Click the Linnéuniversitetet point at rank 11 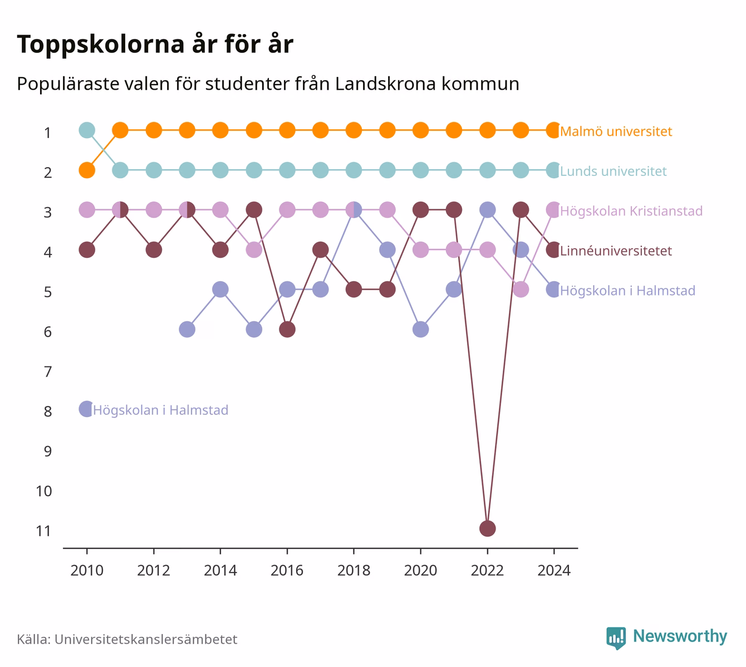(x=487, y=528)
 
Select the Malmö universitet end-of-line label (x=616, y=131)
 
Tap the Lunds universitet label (x=613, y=171)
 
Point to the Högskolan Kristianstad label (x=631, y=210)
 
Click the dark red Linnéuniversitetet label (x=616, y=251)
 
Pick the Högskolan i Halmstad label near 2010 (x=160, y=410)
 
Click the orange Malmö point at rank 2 (x=87, y=170)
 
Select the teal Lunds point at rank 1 (x=87, y=130)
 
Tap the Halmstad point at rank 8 (x=87, y=409)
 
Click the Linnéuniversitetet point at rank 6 (x=287, y=329)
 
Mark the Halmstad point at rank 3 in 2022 (x=487, y=210)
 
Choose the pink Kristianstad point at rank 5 (x=521, y=290)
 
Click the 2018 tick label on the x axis (x=354, y=571)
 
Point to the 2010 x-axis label (x=87, y=571)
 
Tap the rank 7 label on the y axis (x=48, y=372)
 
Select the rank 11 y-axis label (x=44, y=531)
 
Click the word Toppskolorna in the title (x=101, y=44)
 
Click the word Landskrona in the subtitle (x=385, y=84)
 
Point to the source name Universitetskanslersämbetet (x=146, y=639)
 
